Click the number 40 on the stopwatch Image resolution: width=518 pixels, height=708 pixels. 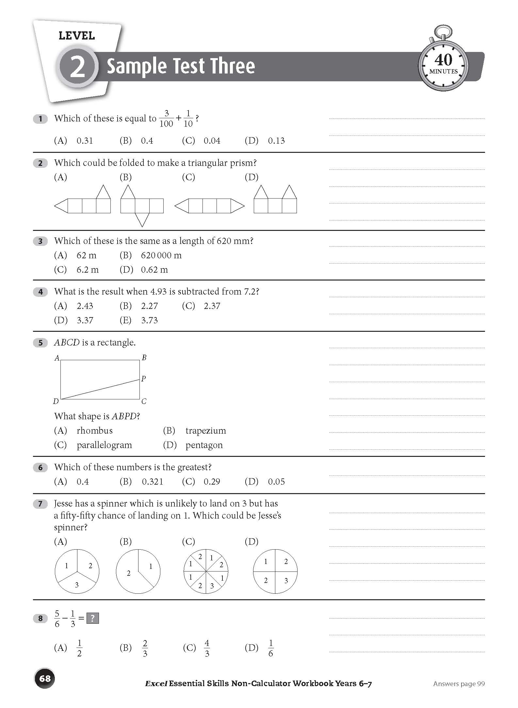(443, 60)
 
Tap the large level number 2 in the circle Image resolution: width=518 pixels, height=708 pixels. (77, 67)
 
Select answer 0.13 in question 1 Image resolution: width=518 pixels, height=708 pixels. (276, 141)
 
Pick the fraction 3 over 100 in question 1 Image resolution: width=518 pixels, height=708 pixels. (166, 119)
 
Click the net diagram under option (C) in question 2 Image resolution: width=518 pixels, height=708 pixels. (210, 206)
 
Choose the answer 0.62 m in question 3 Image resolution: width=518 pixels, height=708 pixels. (154, 270)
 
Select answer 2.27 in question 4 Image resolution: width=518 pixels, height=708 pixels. (150, 306)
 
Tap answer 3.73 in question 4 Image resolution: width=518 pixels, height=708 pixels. (150, 320)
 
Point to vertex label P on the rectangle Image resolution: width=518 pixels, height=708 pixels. (143, 379)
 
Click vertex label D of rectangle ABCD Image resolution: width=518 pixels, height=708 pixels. (56, 401)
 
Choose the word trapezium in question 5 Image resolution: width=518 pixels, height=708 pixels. (206, 431)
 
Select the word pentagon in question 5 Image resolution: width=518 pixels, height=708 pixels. (204, 445)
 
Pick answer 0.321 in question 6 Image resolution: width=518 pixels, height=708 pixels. (153, 482)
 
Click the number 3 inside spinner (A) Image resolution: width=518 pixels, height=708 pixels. (77, 585)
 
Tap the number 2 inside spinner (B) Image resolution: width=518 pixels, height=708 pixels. (129, 573)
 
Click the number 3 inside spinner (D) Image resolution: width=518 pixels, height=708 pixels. (286, 580)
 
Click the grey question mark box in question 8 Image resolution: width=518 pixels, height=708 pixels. (93, 618)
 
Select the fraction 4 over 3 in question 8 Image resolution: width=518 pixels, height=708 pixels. (207, 648)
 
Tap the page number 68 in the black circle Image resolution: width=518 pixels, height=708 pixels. (45, 678)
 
